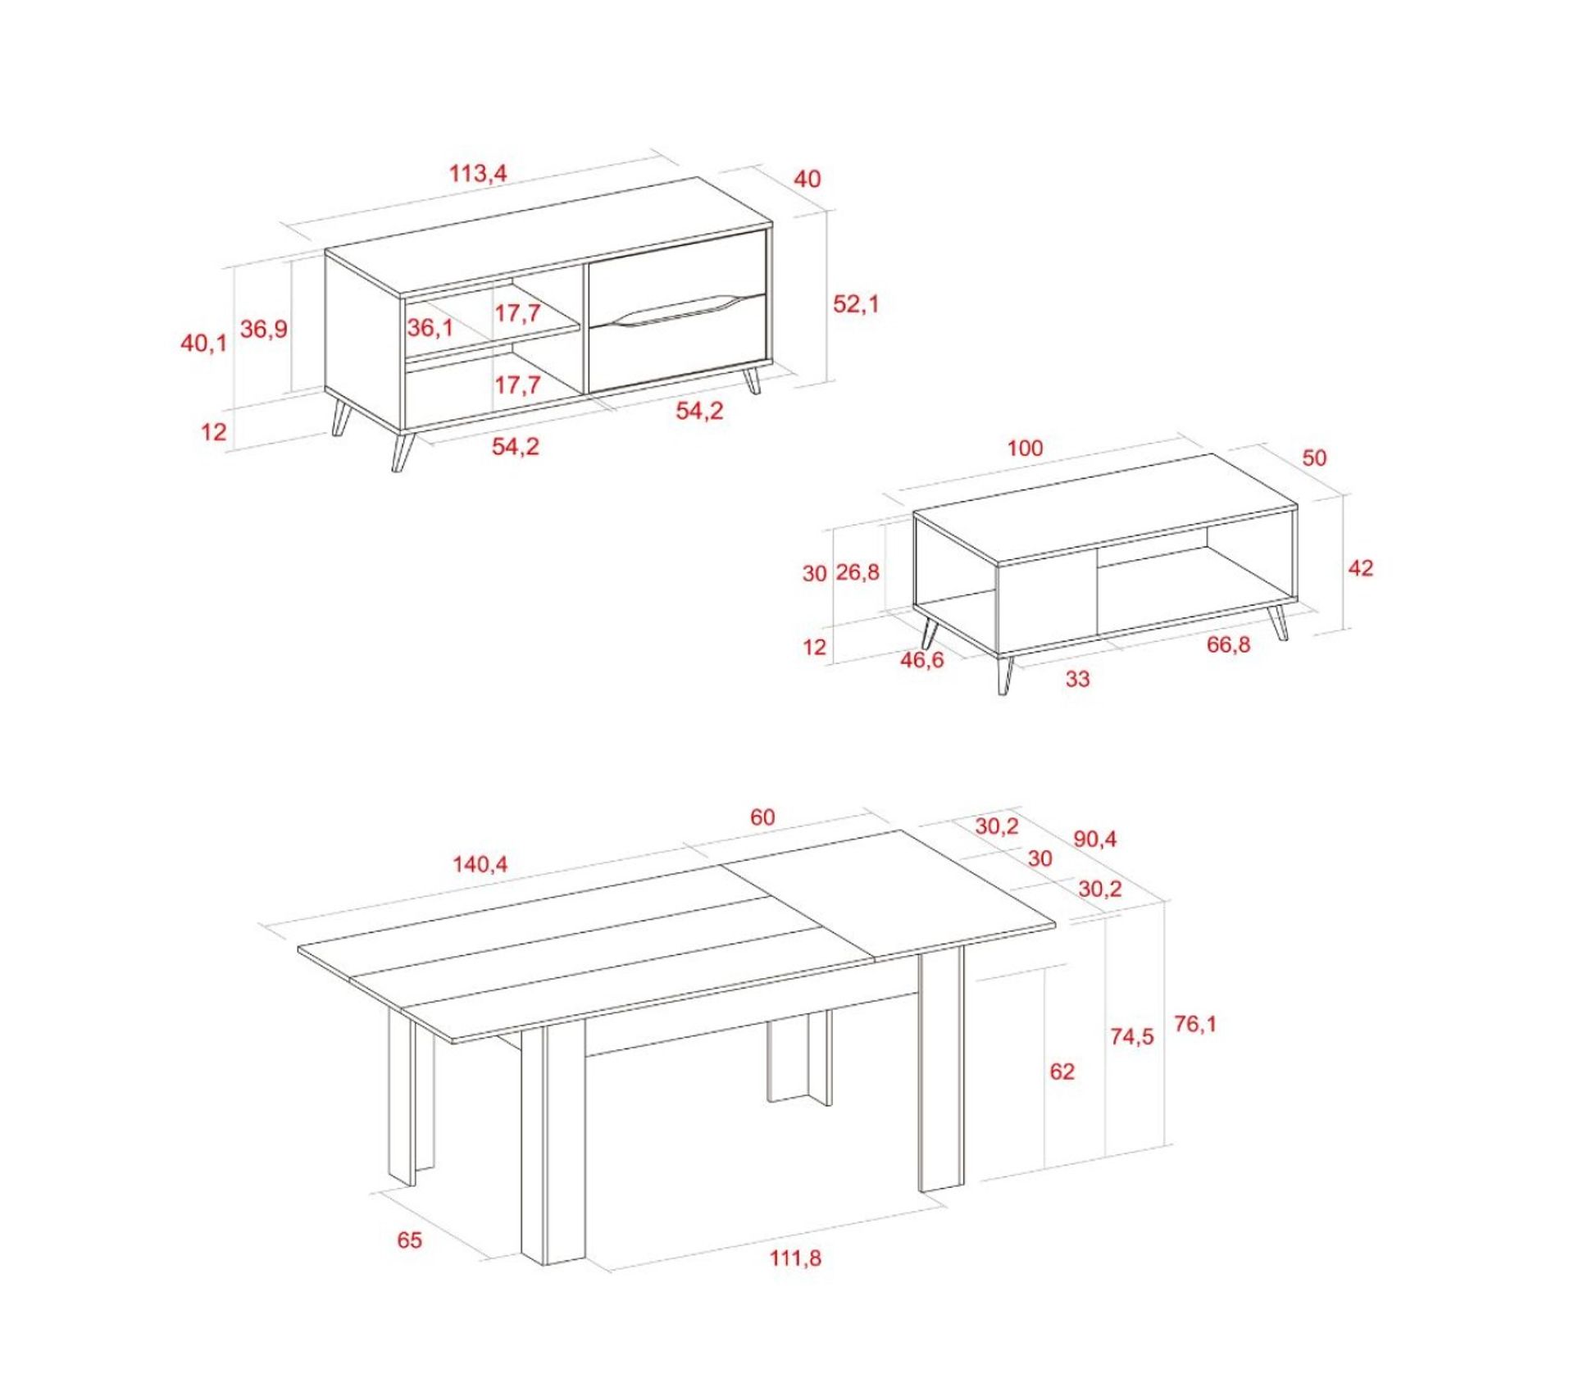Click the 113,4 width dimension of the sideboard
[x=478, y=173]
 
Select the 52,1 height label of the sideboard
[x=855, y=303]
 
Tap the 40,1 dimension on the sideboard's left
[x=203, y=343]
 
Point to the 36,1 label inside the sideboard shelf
[x=430, y=328]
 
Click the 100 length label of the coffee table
[x=1025, y=448]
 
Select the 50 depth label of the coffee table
[x=1313, y=457]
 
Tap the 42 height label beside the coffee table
[x=1360, y=567]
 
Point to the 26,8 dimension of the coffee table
[x=858, y=571]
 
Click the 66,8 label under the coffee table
[x=1228, y=644]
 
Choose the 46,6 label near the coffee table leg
[x=921, y=659]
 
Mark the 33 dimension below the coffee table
[x=1077, y=679]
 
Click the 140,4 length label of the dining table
[x=480, y=864]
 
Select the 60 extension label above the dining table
[x=762, y=817]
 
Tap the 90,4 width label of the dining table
[x=1094, y=839]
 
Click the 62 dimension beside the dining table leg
[x=1061, y=1071]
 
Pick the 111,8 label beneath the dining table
[x=794, y=1258]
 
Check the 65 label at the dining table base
[x=409, y=1240]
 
